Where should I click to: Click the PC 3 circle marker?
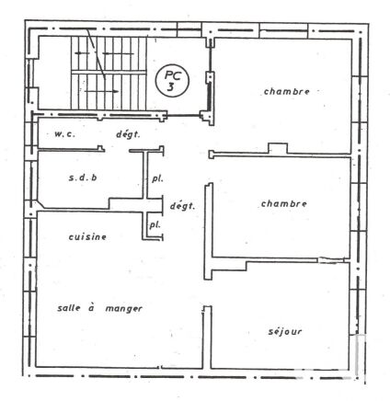tap(172, 81)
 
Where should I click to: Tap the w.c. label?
tap(64, 134)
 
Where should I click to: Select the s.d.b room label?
tap(83, 178)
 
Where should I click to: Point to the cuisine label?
tap(87, 236)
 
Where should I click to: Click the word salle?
tap(69, 308)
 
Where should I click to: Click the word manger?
tap(124, 308)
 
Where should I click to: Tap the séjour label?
tap(285, 331)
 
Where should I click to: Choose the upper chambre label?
tap(287, 91)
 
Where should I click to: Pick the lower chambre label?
tap(283, 203)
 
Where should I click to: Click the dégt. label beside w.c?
tap(128, 134)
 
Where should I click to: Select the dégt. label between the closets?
tap(182, 206)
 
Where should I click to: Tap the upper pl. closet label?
tap(157, 178)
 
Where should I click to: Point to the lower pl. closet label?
tap(155, 225)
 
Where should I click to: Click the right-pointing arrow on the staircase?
tap(101, 91)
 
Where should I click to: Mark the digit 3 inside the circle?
tap(170, 87)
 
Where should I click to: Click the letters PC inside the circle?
tap(173, 74)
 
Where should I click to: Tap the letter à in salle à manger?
tap(91, 307)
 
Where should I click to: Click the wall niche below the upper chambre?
tap(278, 148)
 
